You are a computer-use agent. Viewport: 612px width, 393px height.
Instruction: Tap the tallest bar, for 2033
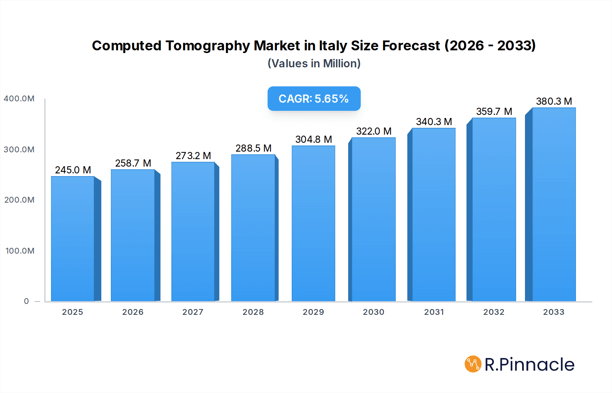coord(554,204)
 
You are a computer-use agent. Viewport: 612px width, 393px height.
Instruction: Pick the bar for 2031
coord(434,215)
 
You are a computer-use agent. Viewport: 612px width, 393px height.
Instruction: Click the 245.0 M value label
coord(73,170)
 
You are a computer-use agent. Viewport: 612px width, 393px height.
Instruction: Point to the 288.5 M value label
coord(253,148)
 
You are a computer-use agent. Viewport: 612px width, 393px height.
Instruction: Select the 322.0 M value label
coord(374,131)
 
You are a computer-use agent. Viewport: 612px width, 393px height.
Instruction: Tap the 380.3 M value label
coord(554,101)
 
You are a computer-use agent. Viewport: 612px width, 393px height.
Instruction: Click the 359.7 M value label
coord(494,112)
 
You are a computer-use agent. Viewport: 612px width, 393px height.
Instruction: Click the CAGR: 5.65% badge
coord(314,99)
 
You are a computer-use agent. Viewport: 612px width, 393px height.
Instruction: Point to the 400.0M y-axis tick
coord(19,99)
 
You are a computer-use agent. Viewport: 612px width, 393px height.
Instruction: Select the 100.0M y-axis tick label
coord(20,251)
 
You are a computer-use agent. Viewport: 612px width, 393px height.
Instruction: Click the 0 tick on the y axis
coord(26,301)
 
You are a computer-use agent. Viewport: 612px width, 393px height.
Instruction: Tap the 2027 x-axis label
coord(193,312)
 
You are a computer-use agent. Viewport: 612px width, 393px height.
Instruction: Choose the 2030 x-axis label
coord(373,312)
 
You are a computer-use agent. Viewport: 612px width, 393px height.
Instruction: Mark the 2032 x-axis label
coord(494,312)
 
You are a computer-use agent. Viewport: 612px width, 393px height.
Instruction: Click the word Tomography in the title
coord(207,46)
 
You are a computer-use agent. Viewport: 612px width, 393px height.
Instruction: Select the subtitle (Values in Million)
coord(314,64)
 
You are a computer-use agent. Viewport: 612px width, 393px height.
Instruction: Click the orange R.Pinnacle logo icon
coord(473,364)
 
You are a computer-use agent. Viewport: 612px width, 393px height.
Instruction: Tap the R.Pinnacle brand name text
coord(529,365)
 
